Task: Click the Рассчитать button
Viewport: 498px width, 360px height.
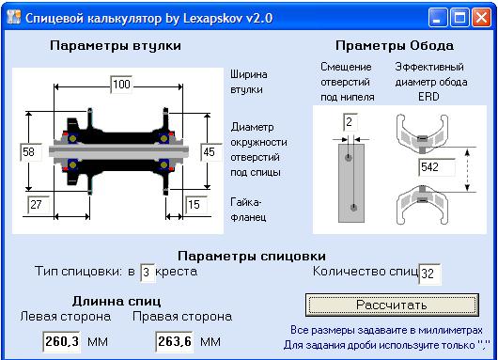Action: click(x=391, y=305)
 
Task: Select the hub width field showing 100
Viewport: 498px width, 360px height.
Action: click(x=121, y=85)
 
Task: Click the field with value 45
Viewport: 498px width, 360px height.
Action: click(x=209, y=150)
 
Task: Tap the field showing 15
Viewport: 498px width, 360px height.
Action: click(x=195, y=203)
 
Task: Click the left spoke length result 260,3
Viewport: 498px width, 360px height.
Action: click(x=62, y=341)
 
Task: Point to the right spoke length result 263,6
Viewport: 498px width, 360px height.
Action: click(x=174, y=341)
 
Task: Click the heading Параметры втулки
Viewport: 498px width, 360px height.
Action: click(x=115, y=45)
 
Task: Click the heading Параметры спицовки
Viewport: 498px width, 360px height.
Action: click(x=252, y=255)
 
